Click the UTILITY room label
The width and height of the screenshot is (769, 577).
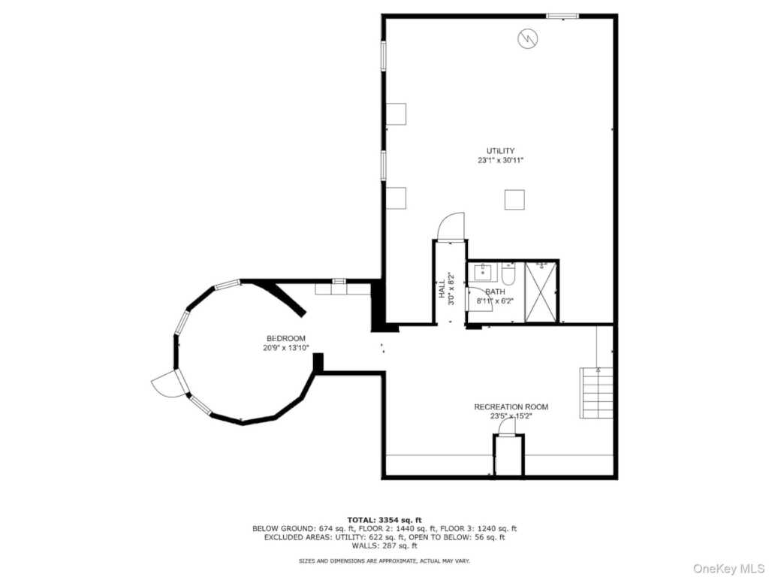click(500, 150)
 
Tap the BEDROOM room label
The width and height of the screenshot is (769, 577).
click(286, 338)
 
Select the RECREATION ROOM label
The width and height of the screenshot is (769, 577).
click(511, 406)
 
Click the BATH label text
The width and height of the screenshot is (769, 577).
click(496, 292)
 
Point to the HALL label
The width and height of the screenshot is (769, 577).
click(442, 288)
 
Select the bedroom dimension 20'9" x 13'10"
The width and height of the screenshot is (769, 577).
click(286, 348)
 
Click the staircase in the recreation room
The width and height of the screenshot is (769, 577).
click(596, 392)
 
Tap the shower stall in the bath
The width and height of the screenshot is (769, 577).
click(541, 292)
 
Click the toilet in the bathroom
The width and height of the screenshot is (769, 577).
click(508, 274)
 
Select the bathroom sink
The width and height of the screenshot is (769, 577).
click(483, 272)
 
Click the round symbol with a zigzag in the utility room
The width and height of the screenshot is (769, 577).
click(528, 38)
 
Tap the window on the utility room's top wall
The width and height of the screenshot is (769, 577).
click(562, 17)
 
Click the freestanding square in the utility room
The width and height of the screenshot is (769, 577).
click(514, 199)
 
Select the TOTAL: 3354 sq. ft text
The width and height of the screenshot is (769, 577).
click(384, 520)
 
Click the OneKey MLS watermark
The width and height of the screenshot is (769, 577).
click(728, 568)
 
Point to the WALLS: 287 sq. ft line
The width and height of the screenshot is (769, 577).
click(384, 545)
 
